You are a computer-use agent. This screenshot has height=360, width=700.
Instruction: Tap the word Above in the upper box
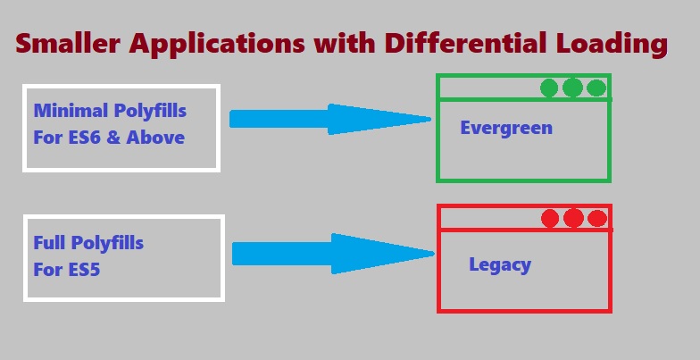pos(155,138)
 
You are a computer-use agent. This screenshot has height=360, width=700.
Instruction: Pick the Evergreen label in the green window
pos(506,128)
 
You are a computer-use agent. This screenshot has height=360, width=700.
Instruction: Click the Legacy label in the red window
pos(500,264)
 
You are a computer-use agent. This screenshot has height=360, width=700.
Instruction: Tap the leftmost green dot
pos(550,88)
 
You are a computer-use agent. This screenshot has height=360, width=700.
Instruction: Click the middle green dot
pos(573,88)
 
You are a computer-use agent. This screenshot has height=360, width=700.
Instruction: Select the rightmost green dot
pos(596,88)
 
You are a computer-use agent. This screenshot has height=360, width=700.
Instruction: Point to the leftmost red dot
pos(551,218)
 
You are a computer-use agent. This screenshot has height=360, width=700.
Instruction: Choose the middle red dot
pos(574,218)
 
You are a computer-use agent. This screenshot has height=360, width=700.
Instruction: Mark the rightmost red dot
pos(597,218)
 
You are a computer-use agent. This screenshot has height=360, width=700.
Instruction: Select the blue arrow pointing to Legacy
pos(330,253)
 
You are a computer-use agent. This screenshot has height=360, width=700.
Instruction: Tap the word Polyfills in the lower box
pos(106,242)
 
